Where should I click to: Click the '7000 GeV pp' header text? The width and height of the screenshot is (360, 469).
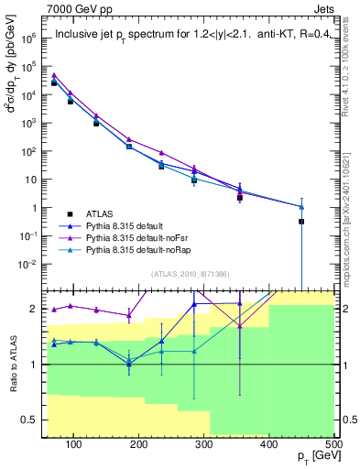pos(77,8)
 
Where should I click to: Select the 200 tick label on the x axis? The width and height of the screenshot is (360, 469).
pos(138,444)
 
